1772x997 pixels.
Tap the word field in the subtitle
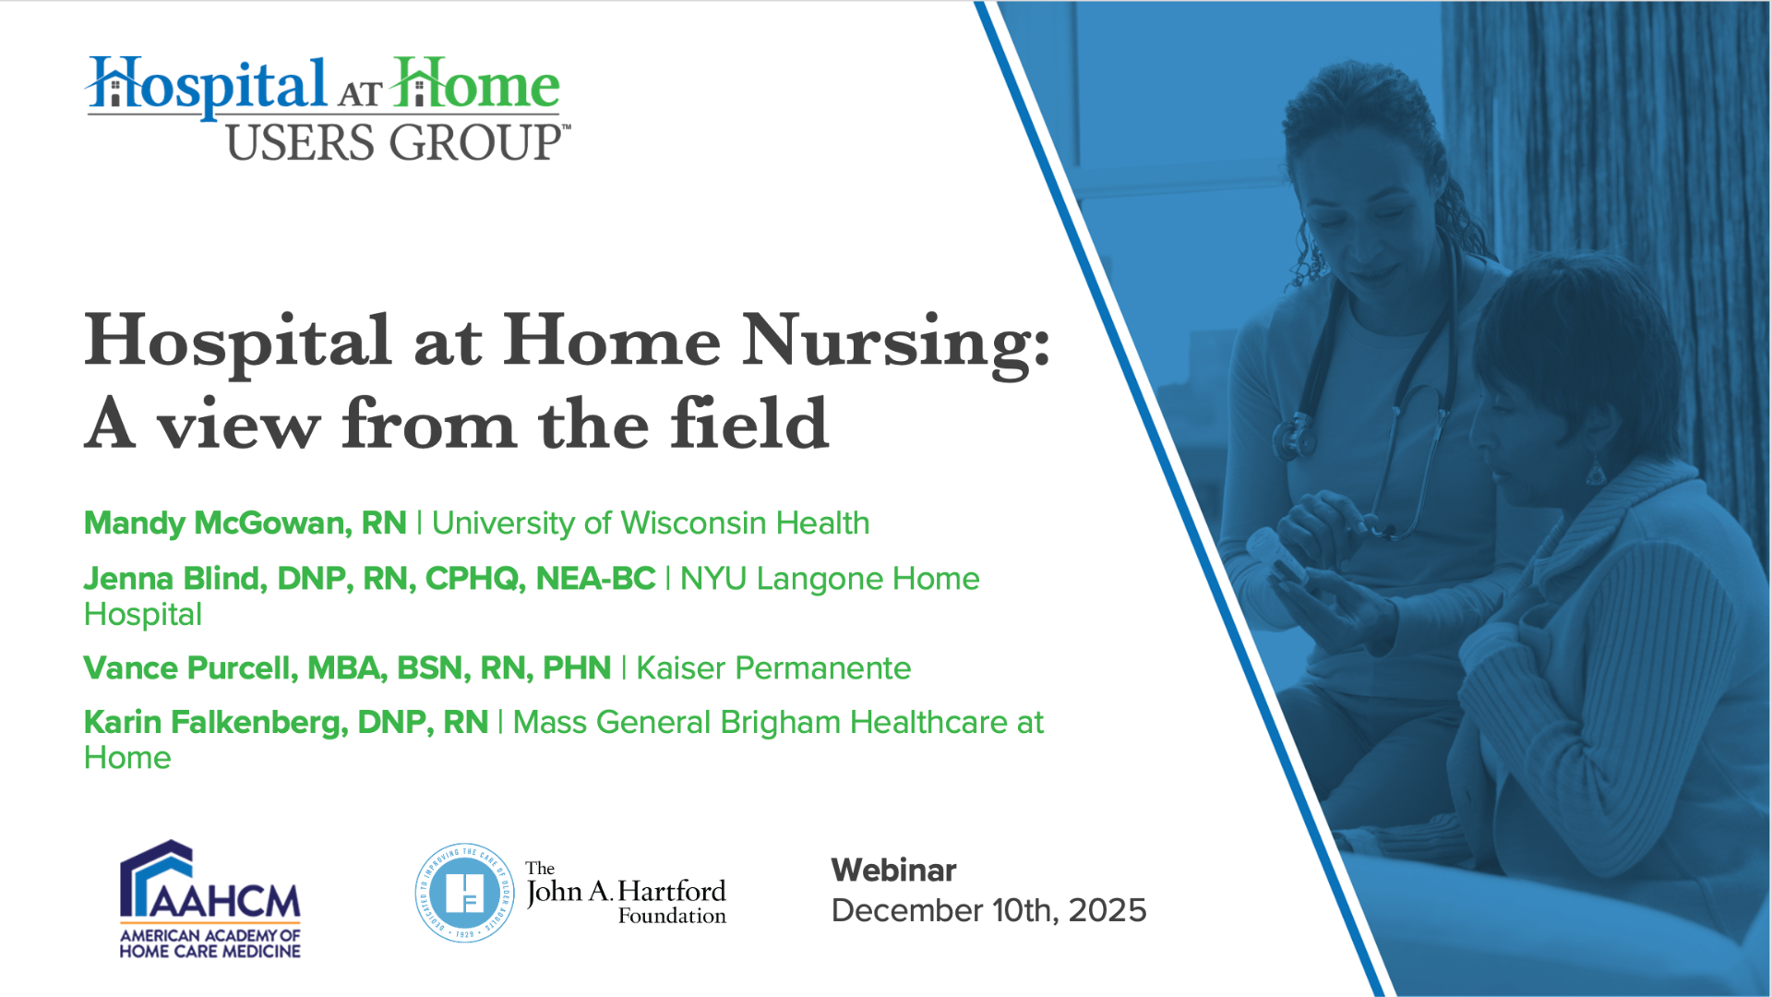pyautogui.click(x=749, y=424)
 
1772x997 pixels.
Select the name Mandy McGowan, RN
pyautogui.click(x=245, y=523)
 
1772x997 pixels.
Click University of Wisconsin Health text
pyautogui.click(x=651, y=523)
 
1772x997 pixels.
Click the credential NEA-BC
pyautogui.click(x=595, y=579)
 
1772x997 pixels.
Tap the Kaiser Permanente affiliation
pyautogui.click(x=773, y=667)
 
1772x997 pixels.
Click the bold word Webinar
pyautogui.click(x=893, y=870)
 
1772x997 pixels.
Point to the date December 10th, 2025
pyautogui.click(x=988, y=910)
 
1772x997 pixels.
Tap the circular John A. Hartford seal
pyautogui.click(x=464, y=893)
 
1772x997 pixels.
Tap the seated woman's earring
pyautogui.click(x=1595, y=471)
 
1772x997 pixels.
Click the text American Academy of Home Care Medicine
pyautogui.click(x=210, y=943)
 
